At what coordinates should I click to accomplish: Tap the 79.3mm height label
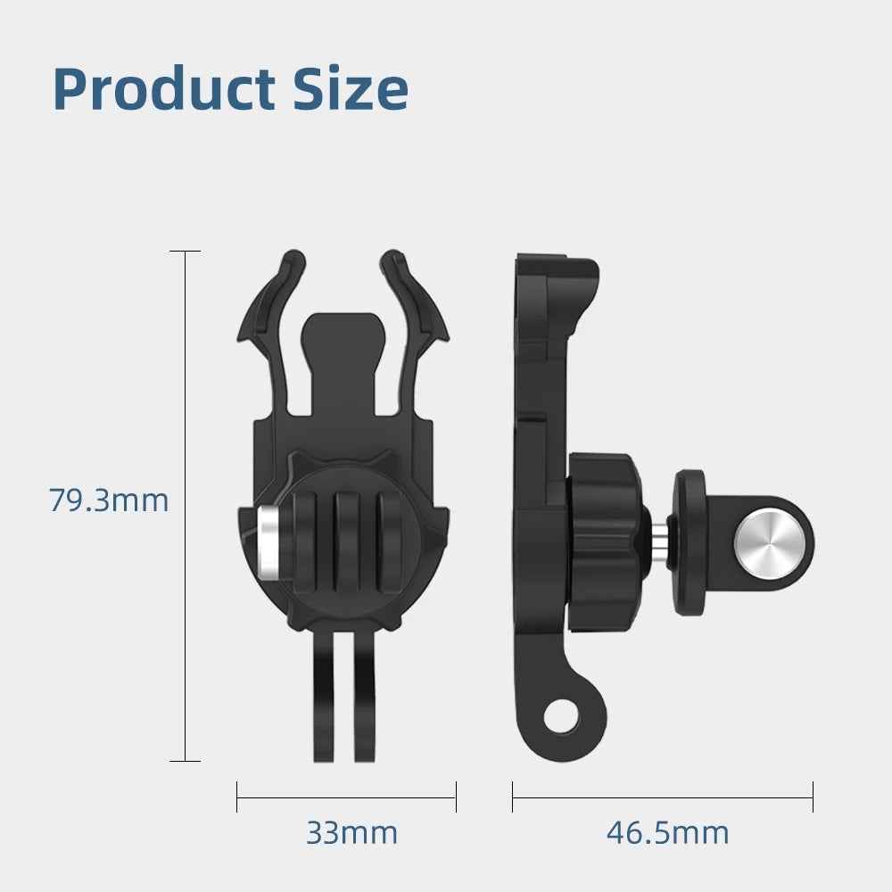(108, 500)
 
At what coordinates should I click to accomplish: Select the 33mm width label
(351, 833)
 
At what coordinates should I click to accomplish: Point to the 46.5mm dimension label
(667, 833)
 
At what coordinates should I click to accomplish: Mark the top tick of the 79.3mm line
(186, 252)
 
